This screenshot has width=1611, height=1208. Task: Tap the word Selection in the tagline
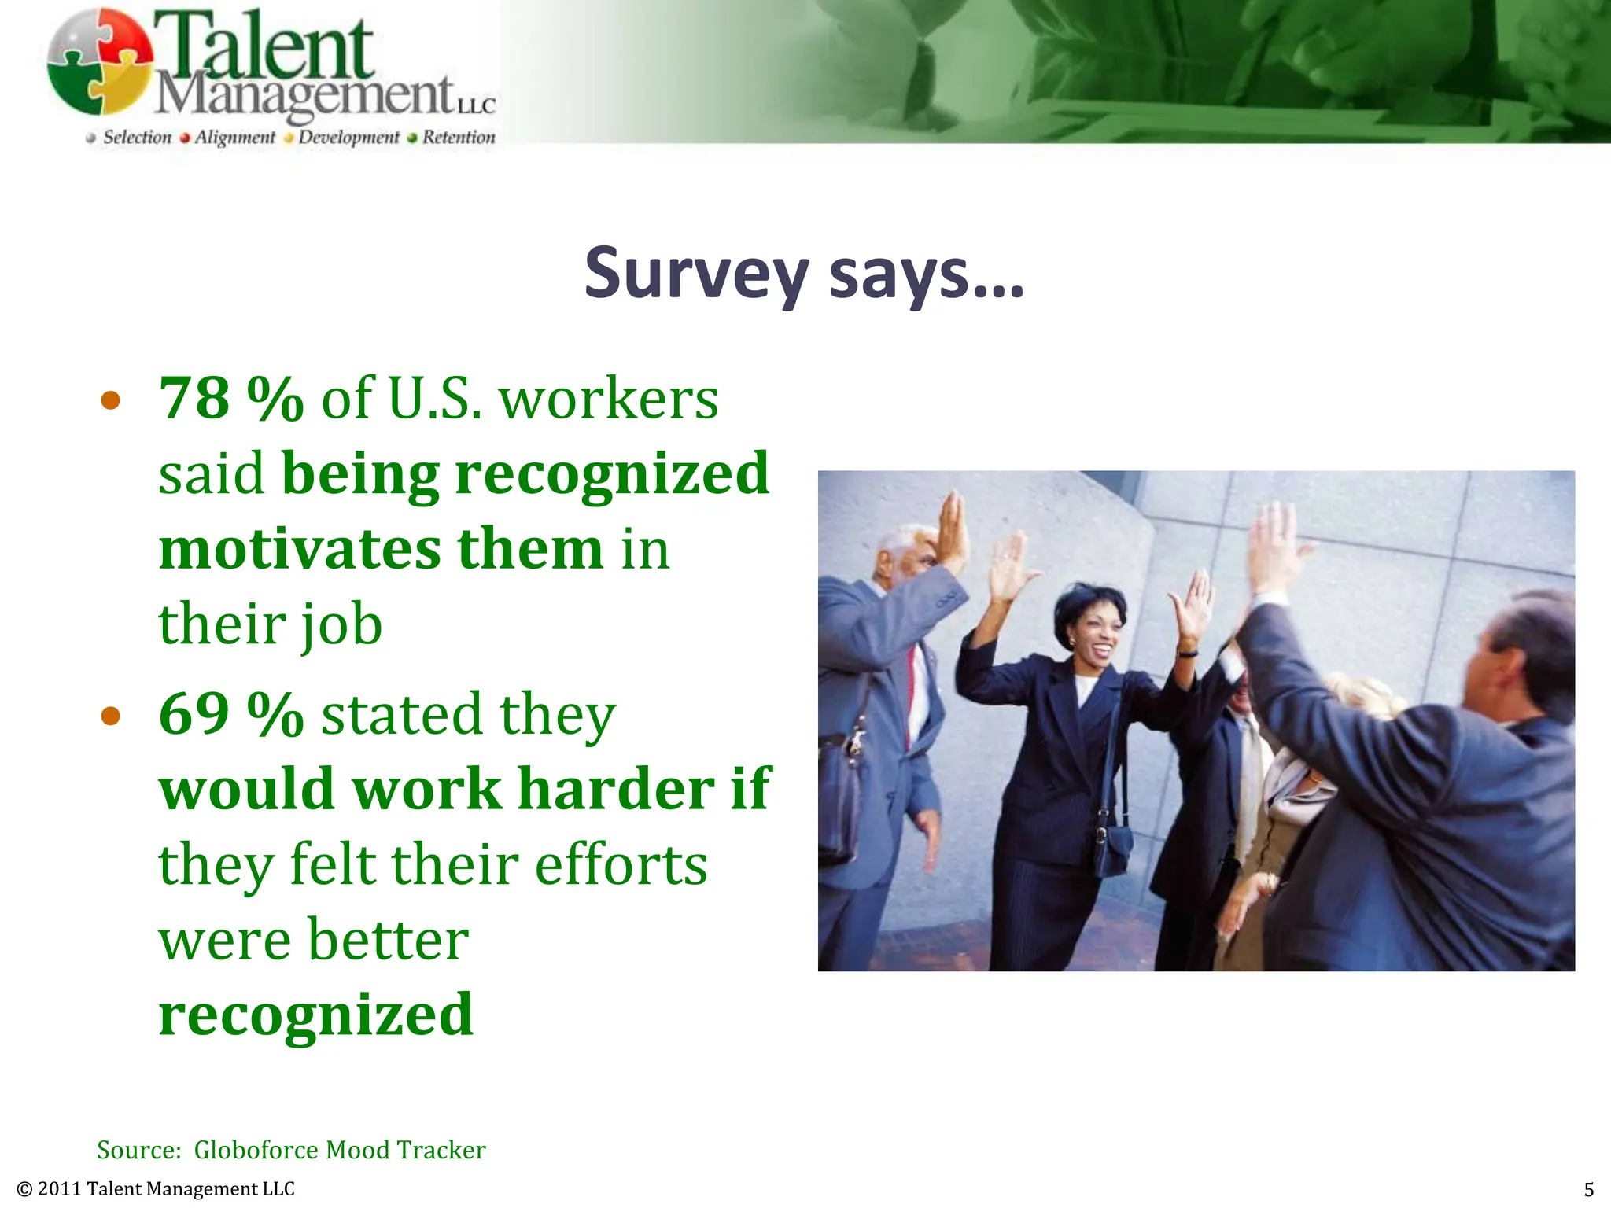click(x=137, y=138)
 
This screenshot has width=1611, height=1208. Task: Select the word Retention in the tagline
click(x=459, y=138)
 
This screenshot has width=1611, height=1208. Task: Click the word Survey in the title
click(x=696, y=274)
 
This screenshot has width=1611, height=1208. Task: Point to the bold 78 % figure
click(x=231, y=399)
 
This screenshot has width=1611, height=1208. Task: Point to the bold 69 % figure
click(x=231, y=714)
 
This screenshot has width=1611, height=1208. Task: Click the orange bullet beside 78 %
click(x=111, y=401)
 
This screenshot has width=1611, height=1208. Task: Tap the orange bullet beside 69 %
click(x=111, y=716)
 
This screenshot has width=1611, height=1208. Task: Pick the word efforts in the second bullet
click(x=621, y=864)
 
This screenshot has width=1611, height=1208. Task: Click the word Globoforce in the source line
click(x=256, y=1150)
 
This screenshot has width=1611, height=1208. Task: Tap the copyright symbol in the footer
click(x=24, y=1189)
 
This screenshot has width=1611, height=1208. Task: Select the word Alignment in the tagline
click(x=234, y=138)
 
